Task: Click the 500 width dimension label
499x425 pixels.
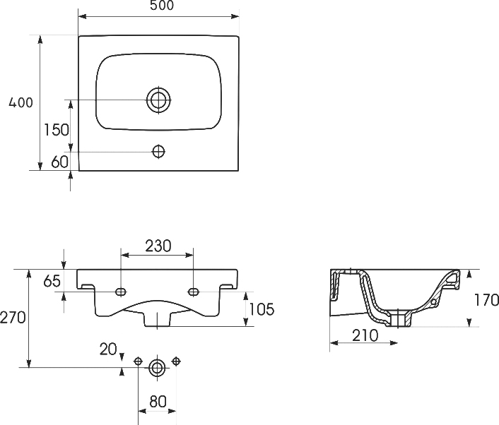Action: (162, 6)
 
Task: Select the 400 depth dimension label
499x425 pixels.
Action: (20, 102)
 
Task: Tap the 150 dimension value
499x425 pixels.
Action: (57, 130)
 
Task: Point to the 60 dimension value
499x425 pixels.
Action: (60, 162)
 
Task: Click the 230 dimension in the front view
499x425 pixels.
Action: (158, 246)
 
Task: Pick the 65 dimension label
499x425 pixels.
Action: (52, 281)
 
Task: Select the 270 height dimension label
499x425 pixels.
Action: (13, 318)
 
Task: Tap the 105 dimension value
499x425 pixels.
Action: (262, 309)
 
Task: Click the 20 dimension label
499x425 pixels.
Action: (108, 349)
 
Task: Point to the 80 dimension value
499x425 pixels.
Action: (158, 402)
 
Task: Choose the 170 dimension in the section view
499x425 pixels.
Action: (486, 300)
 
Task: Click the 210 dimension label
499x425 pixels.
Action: (365, 335)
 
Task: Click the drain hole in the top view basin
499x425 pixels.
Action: (158, 100)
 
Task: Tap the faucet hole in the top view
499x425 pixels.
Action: (158, 151)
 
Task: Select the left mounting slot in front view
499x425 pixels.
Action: (121, 292)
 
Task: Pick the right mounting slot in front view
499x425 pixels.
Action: (193, 292)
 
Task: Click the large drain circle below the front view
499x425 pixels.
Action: (157, 368)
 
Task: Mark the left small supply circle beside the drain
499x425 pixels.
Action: (138, 361)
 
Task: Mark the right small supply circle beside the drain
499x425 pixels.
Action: (176, 361)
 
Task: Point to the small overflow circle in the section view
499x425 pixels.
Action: (433, 302)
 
